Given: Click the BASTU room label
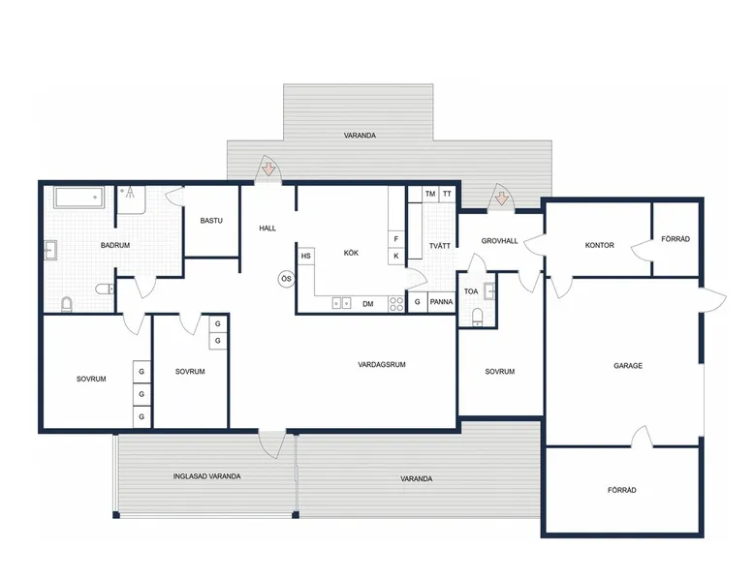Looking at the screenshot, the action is click(211, 221).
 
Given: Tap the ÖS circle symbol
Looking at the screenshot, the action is click(286, 279).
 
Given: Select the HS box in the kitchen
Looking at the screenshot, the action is click(306, 257).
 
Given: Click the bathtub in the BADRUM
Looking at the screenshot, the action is click(79, 198).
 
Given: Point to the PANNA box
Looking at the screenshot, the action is click(441, 302).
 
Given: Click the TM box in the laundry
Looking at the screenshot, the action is click(430, 194).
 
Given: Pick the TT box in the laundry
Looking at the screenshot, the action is click(447, 194).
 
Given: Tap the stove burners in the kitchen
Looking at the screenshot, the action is click(396, 304).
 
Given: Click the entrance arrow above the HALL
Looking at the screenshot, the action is click(268, 168).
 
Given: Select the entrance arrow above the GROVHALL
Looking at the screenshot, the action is click(502, 198).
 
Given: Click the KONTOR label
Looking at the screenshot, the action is click(599, 245).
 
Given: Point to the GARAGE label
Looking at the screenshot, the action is click(628, 366).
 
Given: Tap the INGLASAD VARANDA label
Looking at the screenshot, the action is click(206, 476).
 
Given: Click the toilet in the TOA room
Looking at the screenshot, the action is click(477, 318).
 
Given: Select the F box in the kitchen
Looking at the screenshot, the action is click(396, 239).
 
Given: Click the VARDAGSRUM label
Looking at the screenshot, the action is click(382, 364).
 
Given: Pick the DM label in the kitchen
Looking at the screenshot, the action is click(368, 304).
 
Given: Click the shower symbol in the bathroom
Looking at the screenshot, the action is click(129, 193).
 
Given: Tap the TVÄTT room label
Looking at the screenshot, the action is click(440, 246).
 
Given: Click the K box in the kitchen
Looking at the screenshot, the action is click(396, 256).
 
